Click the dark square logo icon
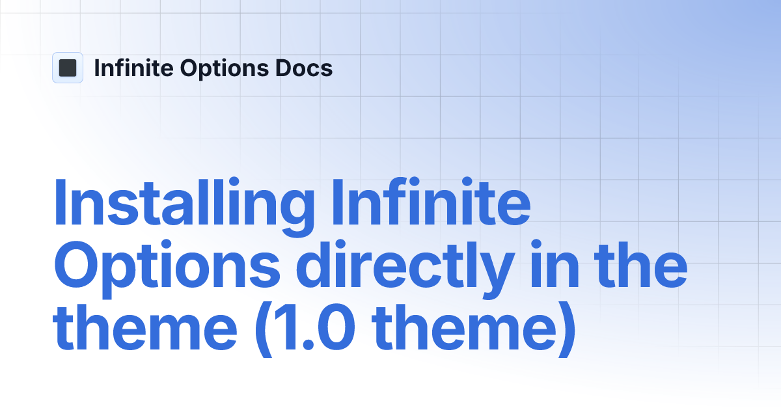[x=68, y=68]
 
